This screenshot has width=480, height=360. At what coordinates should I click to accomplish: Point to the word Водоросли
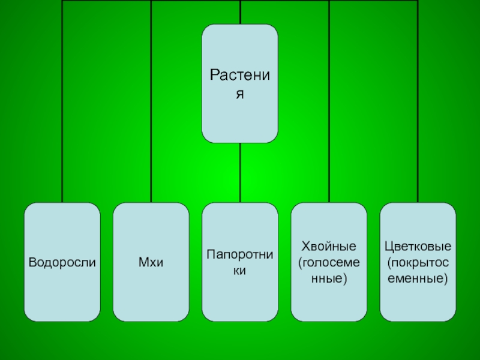coord(62,262)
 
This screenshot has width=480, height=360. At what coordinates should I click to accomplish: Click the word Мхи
coord(151,262)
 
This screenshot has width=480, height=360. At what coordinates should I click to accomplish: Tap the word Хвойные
coord(328,246)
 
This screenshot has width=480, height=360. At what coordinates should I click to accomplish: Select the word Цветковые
coord(418,246)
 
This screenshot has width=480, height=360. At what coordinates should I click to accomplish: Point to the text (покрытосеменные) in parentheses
coord(418,271)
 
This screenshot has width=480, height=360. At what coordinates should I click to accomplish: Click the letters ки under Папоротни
coord(240,271)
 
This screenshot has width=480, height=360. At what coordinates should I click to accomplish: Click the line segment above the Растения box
coord(240,12)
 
